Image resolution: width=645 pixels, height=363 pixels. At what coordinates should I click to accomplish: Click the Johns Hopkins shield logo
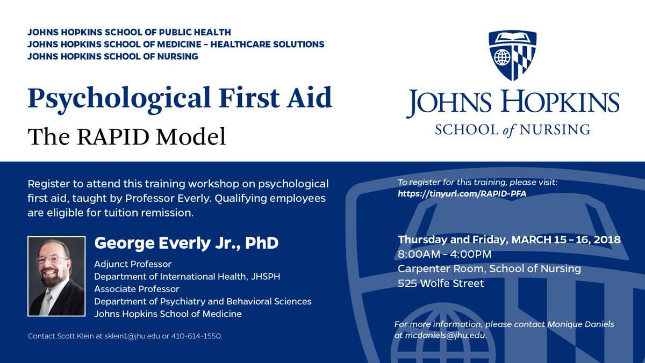click(x=512, y=56)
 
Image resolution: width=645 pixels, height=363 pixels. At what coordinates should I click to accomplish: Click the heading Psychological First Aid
click(x=180, y=99)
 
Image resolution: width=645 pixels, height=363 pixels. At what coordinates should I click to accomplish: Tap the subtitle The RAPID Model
click(x=127, y=136)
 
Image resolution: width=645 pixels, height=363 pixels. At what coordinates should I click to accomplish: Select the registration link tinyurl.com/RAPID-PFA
click(x=462, y=193)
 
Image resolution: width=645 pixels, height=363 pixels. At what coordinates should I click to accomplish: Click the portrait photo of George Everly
click(x=56, y=276)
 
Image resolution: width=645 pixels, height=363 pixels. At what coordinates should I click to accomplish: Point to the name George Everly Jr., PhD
click(x=187, y=243)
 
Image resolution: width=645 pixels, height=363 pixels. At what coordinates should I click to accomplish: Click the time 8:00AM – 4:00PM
click(x=445, y=254)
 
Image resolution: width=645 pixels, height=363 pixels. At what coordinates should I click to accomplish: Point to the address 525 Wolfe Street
click(x=441, y=283)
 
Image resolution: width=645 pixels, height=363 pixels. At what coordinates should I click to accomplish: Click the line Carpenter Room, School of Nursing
click(x=489, y=268)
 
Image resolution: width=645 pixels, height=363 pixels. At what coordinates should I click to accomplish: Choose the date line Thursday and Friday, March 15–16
click(x=509, y=239)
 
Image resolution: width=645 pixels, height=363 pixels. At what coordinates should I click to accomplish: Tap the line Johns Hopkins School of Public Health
click(x=130, y=32)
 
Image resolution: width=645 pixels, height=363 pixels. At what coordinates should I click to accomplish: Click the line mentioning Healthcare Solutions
click(x=176, y=44)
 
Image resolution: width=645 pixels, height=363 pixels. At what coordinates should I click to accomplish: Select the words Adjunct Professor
click(x=133, y=264)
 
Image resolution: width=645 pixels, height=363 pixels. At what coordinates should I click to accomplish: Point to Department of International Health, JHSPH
click(x=187, y=277)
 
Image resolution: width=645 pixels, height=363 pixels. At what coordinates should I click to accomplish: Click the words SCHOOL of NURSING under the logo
click(x=512, y=129)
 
